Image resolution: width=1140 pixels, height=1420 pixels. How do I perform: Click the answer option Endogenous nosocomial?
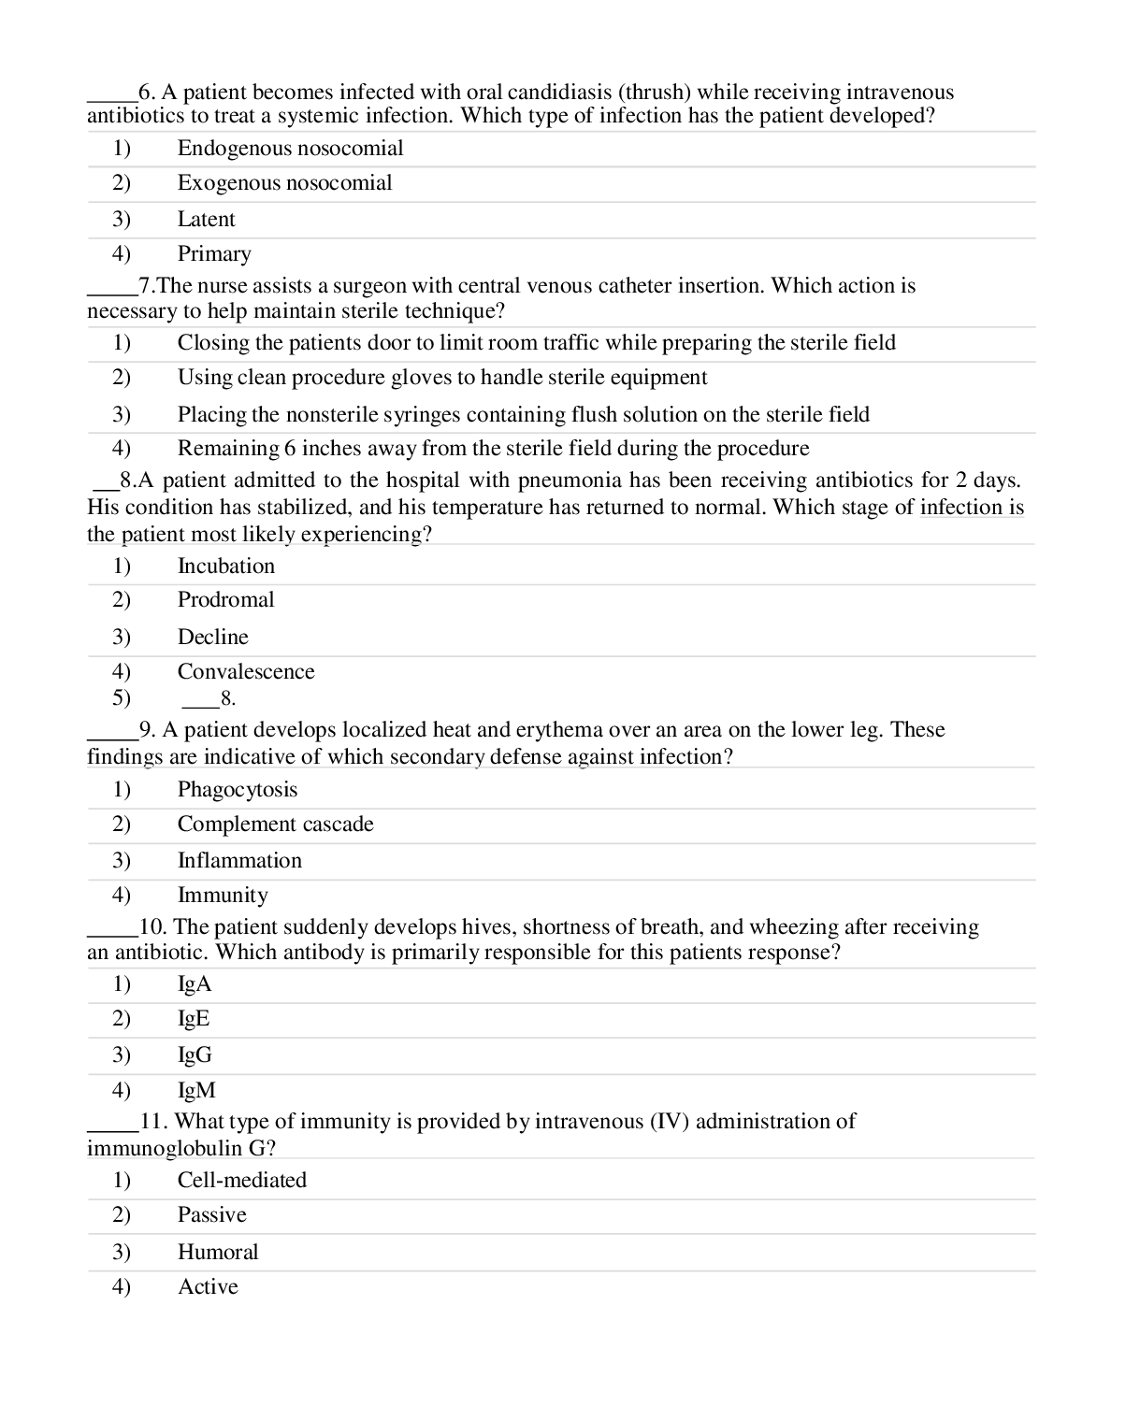pos(290,149)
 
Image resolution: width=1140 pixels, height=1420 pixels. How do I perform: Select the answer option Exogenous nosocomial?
pos(284,183)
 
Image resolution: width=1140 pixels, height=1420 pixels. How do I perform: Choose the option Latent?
pos(206,220)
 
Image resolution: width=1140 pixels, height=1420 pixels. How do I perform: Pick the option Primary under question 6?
pos(214,254)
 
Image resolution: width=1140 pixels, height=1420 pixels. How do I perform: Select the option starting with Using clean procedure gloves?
pos(441,378)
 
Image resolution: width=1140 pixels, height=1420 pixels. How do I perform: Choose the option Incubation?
pos(225,567)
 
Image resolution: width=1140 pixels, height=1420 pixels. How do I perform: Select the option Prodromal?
pos(225,600)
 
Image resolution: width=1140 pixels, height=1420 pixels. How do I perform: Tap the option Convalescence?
pos(245,672)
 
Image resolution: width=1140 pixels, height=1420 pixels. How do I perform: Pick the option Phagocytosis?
pos(237,790)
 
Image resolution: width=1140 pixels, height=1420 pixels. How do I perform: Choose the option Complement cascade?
pos(275,825)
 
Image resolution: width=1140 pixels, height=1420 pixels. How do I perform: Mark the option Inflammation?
pos(239,861)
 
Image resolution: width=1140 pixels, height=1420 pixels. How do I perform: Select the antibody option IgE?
pos(194,1019)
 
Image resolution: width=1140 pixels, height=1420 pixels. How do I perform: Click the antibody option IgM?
pos(196,1091)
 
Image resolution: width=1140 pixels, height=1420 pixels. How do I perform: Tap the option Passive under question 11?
pos(211,1215)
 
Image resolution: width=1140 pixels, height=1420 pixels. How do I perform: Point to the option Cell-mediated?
pos(241,1181)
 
